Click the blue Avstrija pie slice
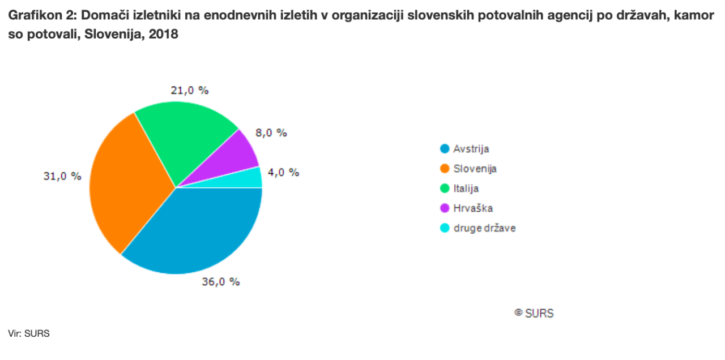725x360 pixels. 198,235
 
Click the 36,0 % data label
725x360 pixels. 221,281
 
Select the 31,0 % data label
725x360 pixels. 62,176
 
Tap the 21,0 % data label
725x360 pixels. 190,90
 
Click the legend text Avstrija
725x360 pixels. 471,149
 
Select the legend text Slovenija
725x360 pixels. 475,169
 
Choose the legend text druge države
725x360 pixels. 485,228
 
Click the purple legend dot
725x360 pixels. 445,208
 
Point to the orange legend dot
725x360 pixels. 445,169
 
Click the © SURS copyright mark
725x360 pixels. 534,313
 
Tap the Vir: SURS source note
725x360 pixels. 29,333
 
